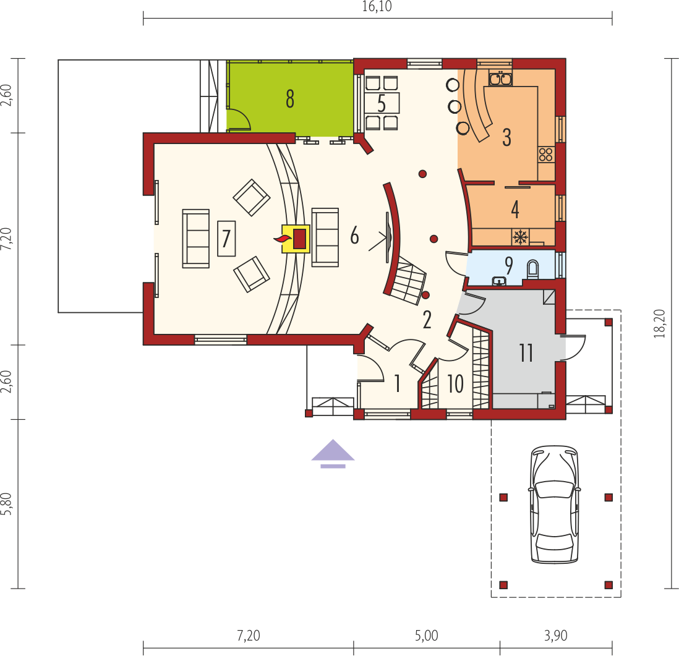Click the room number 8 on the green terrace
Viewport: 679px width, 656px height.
[290, 99]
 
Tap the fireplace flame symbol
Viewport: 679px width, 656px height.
[283, 239]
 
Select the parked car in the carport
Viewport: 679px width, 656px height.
[555, 505]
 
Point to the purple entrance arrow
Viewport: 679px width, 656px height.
[333, 454]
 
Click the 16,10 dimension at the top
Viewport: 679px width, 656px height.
[377, 7]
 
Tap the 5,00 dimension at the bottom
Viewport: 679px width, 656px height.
[427, 636]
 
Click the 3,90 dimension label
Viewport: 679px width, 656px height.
[555, 636]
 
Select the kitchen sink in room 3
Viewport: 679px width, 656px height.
[500, 79]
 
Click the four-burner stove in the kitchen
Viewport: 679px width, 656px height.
[545, 155]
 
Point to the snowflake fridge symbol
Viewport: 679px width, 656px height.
[520, 237]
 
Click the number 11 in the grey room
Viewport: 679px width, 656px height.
[526, 353]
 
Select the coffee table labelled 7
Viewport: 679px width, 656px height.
[226, 239]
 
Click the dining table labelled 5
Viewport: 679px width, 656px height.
[382, 103]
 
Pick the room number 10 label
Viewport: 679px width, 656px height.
[455, 383]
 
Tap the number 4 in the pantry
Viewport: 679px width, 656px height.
[515, 209]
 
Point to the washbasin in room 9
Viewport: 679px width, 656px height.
[500, 281]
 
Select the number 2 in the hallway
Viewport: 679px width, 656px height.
[427, 320]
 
